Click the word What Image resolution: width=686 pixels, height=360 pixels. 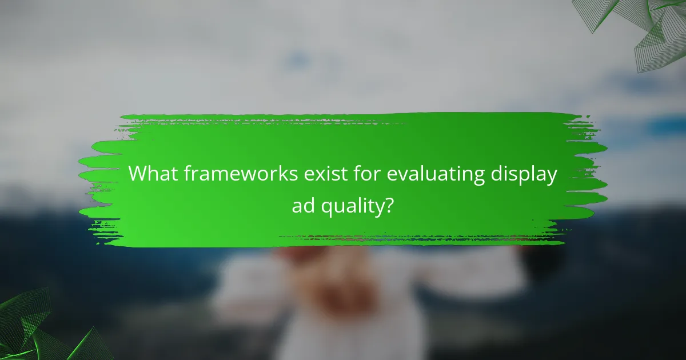click(x=151, y=174)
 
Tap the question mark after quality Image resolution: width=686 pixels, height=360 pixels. click(x=389, y=204)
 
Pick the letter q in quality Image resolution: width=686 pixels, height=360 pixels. click(x=328, y=206)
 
